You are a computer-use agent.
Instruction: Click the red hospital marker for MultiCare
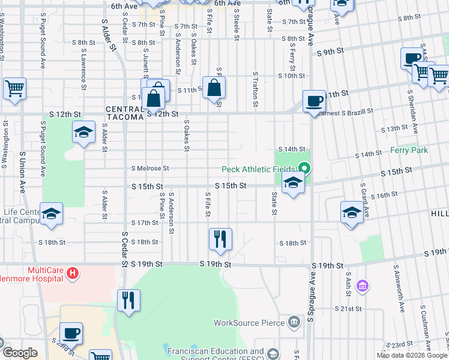pos(73,274)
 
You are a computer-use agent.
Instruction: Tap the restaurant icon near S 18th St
pos(220,239)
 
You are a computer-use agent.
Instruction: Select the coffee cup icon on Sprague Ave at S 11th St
pos(313,100)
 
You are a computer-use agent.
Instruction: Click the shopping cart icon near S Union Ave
pos(14,88)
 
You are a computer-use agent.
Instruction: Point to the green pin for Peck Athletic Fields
pos(305,169)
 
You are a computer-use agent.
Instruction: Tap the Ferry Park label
pos(409,150)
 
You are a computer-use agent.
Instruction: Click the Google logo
pos(19,353)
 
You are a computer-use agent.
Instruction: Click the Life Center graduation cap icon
pos(52,213)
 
